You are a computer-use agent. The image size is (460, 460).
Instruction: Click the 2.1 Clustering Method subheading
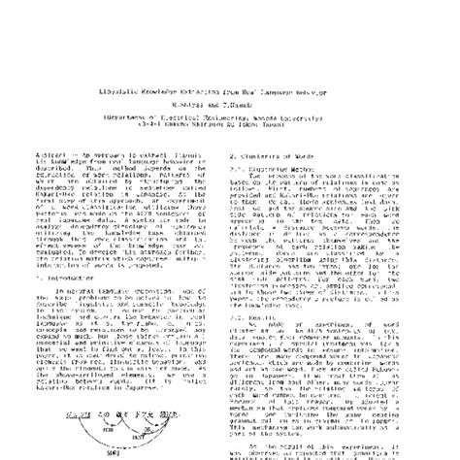click(280, 136)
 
